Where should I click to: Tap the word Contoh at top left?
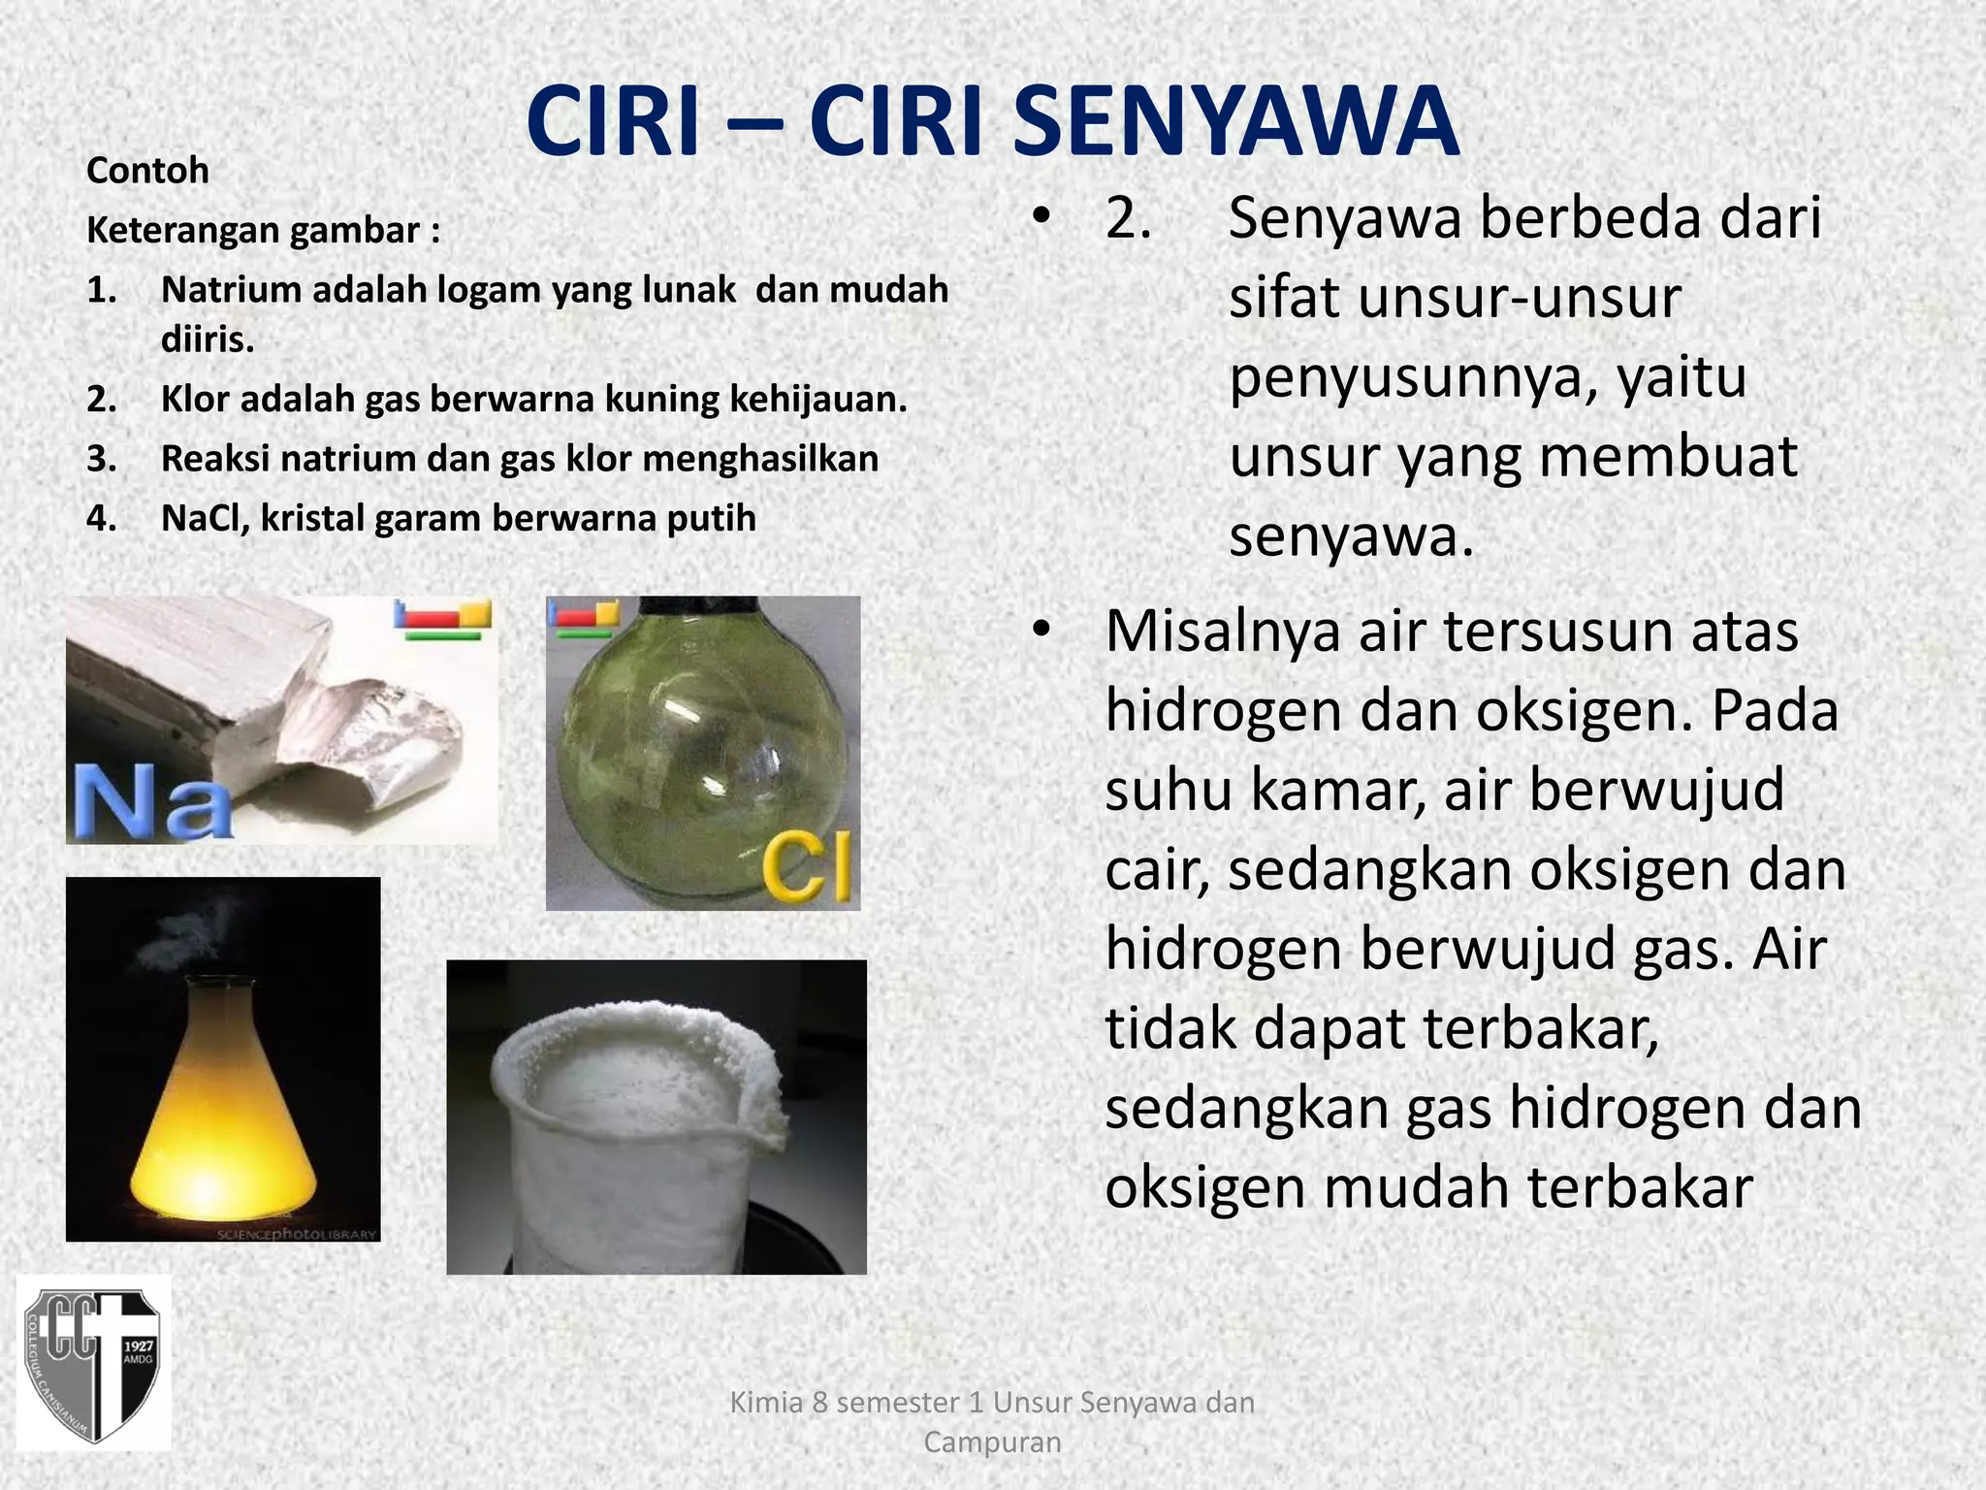click(147, 171)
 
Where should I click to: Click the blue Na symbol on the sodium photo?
click(152, 800)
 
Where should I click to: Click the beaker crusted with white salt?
click(640, 1125)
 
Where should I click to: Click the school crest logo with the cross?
click(93, 1363)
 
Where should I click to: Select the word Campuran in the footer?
click(992, 1442)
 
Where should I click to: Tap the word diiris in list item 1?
click(207, 340)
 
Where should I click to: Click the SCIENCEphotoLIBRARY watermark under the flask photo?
click(296, 1234)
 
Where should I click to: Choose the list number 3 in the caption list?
click(100, 459)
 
